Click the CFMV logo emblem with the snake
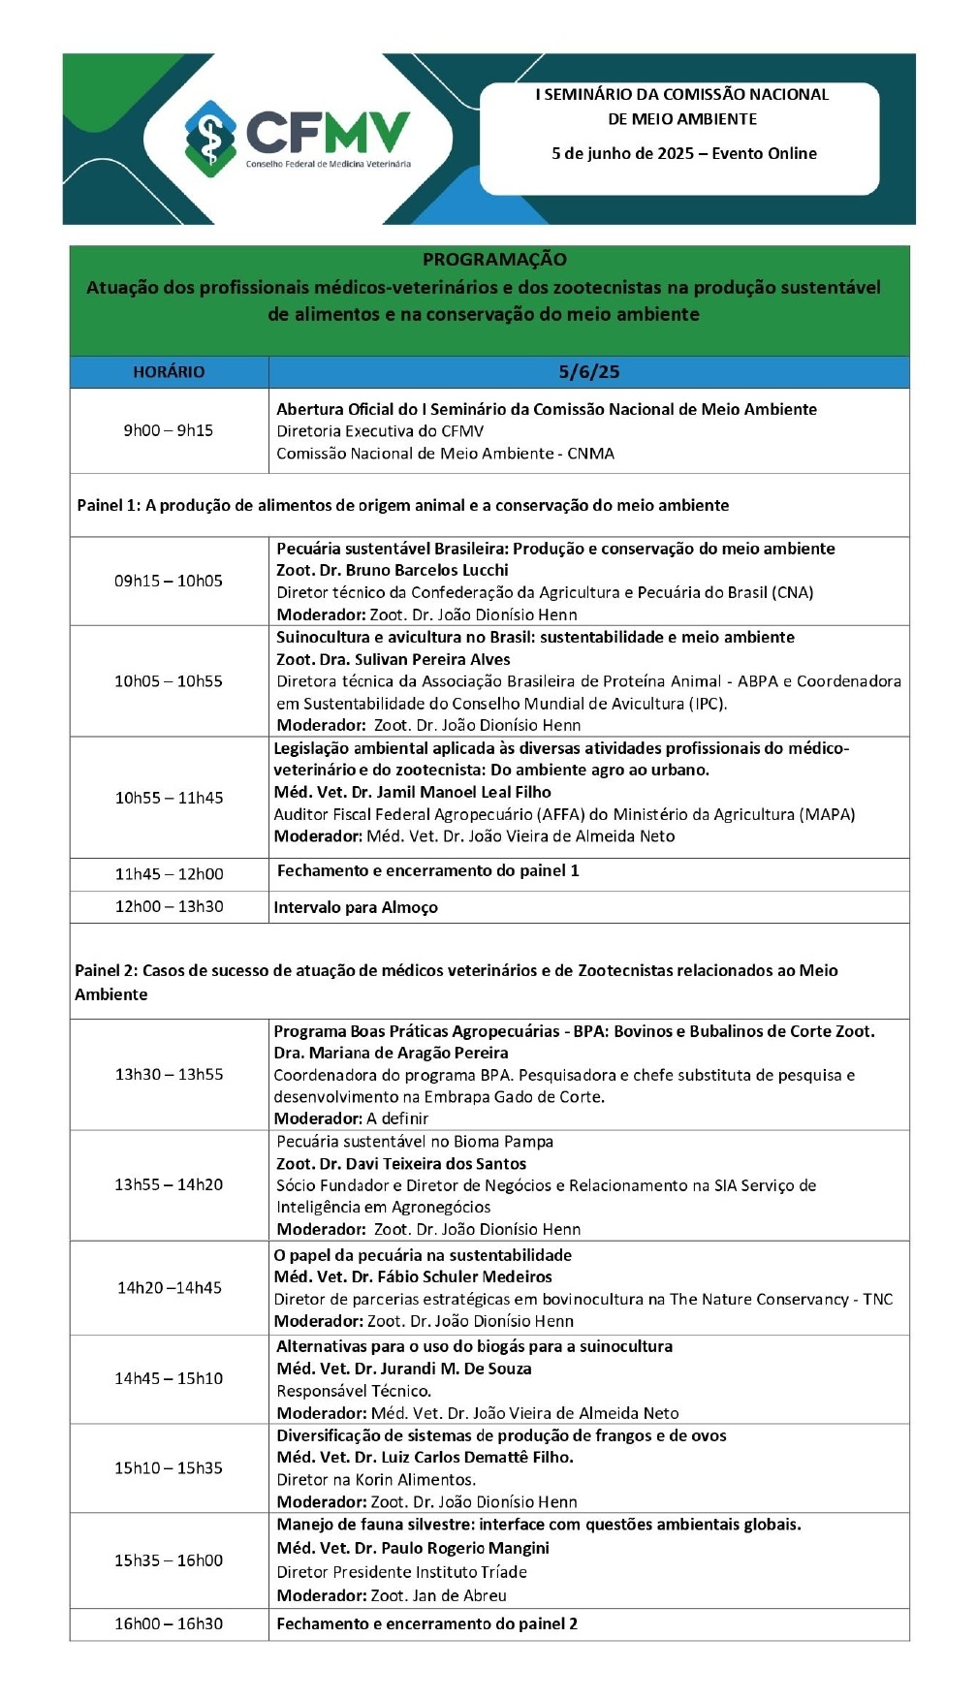click(209, 139)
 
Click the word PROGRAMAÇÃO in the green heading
click(494, 260)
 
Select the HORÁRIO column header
click(169, 372)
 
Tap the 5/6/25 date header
click(588, 372)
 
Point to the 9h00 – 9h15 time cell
click(169, 430)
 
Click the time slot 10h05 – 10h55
click(169, 681)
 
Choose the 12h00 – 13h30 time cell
click(169, 906)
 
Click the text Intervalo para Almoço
click(356, 907)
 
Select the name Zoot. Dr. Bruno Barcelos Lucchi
click(393, 570)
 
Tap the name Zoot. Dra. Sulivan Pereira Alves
click(394, 659)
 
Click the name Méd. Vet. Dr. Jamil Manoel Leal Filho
click(413, 792)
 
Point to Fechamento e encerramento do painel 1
click(428, 870)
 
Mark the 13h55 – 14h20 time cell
click(169, 1184)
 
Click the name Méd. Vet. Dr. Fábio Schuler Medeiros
click(413, 1276)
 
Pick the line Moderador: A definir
click(351, 1118)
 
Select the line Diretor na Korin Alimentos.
click(376, 1479)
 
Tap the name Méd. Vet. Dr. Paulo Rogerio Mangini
click(413, 1548)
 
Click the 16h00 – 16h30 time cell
click(169, 1623)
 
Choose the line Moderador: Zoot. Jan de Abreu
click(392, 1595)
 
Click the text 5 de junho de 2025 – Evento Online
click(684, 153)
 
